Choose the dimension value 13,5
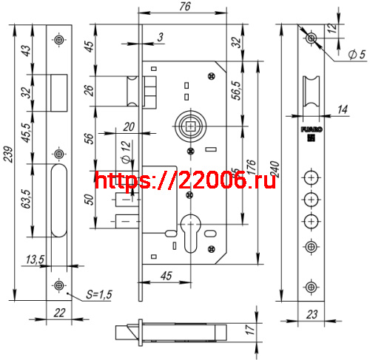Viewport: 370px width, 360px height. [34, 261]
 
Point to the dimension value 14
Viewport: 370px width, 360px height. [342, 110]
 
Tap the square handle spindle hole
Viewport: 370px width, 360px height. [191, 127]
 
